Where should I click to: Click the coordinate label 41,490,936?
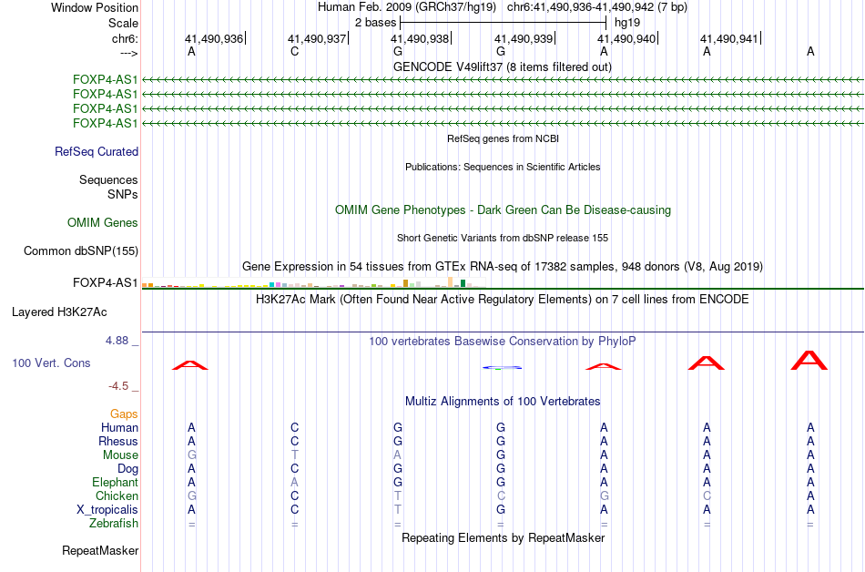pyautogui.click(x=214, y=39)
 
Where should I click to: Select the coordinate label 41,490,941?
pyautogui.click(x=728, y=39)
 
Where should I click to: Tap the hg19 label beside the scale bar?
pyautogui.click(x=626, y=22)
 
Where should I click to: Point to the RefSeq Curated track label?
pyautogui.click(x=97, y=152)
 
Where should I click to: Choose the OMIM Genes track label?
pyautogui.click(x=103, y=223)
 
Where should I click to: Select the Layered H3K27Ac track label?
pyautogui.click(x=59, y=312)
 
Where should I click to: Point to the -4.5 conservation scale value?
pyautogui.click(x=120, y=386)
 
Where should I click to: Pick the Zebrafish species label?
pyautogui.click(x=114, y=524)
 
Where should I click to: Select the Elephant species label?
pyautogui.click(x=115, y=483)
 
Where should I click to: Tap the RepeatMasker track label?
pyautogui.click(x=100, y=551)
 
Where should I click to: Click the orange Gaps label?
pyautogui.click(x=124, y=414)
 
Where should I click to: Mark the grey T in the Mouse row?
pyautogui.click(x=294, y=455)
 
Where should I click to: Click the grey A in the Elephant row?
pyautogui.click(x=294, y=483)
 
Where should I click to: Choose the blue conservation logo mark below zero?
pyautogui.click(x=501, y=367)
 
